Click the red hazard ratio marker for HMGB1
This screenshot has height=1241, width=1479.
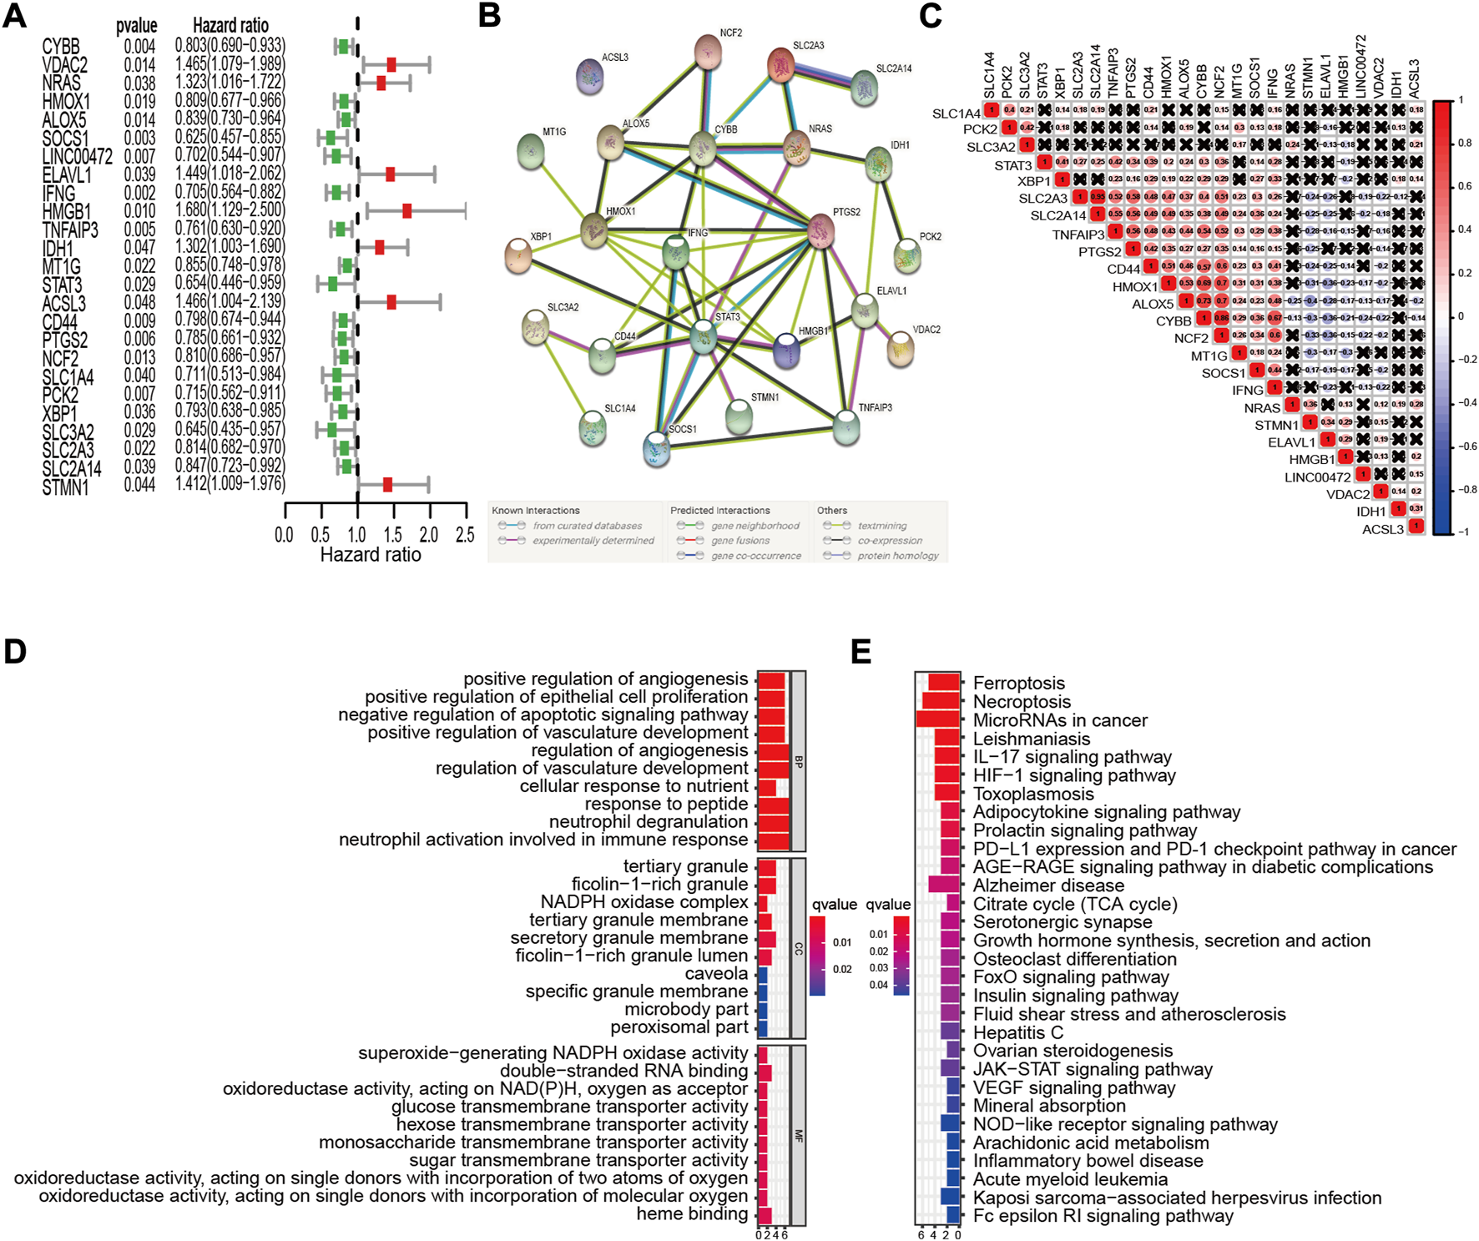[x=406, y=211]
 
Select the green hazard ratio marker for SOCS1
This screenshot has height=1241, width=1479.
[x=331, y=138]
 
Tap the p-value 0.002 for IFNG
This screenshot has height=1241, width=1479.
[x=139, y=193]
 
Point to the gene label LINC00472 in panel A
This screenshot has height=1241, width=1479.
[x=78, y=157]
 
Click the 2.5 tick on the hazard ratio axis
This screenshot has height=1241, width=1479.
[x=465, y=535]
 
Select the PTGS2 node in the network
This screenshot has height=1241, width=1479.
[x=821, y=230]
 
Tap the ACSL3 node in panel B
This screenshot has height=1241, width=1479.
[x=591, y=77]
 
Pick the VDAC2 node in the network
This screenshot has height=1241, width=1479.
[x=900, y=348]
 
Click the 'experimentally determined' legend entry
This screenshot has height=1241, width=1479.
[x=593, y=541]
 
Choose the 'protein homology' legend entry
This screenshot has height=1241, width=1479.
[x=898, y=556]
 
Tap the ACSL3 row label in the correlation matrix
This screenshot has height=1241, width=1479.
[x=1383, y=529]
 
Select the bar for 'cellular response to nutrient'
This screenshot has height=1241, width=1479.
[x=767, y=786]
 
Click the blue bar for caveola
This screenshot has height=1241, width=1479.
[x=762, y=974]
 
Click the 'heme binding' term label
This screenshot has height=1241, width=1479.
[x=692, y=1213]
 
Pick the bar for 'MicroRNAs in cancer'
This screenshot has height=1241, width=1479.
[x=937, y=719]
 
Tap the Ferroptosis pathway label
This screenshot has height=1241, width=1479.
[x=1019, y=684]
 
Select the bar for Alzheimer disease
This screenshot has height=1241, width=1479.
[x=943, y=885]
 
